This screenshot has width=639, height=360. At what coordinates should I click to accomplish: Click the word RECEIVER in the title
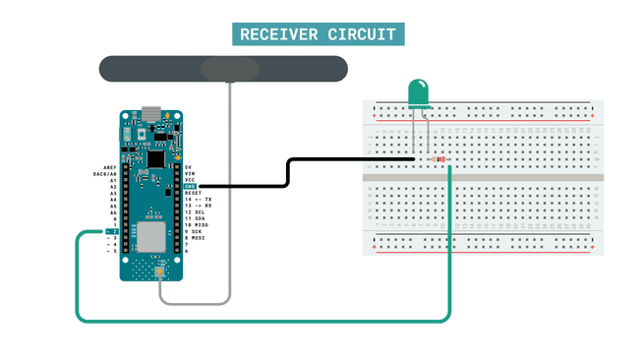point(278,34)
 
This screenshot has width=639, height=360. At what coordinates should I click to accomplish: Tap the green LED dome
point(420,92)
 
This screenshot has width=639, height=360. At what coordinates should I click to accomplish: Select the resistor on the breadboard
point(437,159)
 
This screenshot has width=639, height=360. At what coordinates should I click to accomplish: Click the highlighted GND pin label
point(190,186)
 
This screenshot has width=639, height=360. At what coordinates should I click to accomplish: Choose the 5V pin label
point(188,167)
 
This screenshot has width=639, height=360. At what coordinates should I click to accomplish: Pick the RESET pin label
point(193,193)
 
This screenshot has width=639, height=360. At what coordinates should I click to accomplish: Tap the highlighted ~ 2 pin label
point(111,231)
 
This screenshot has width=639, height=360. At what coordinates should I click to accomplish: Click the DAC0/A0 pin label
point(105,174)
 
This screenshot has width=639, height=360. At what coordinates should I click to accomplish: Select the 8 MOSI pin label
point(194,237)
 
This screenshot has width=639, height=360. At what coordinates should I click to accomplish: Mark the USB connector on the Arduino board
point(151,111)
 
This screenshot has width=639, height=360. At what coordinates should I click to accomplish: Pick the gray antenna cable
point(230,197)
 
